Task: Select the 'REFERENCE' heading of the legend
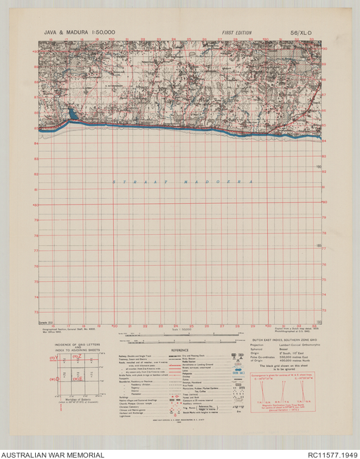[x=179, y=349]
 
